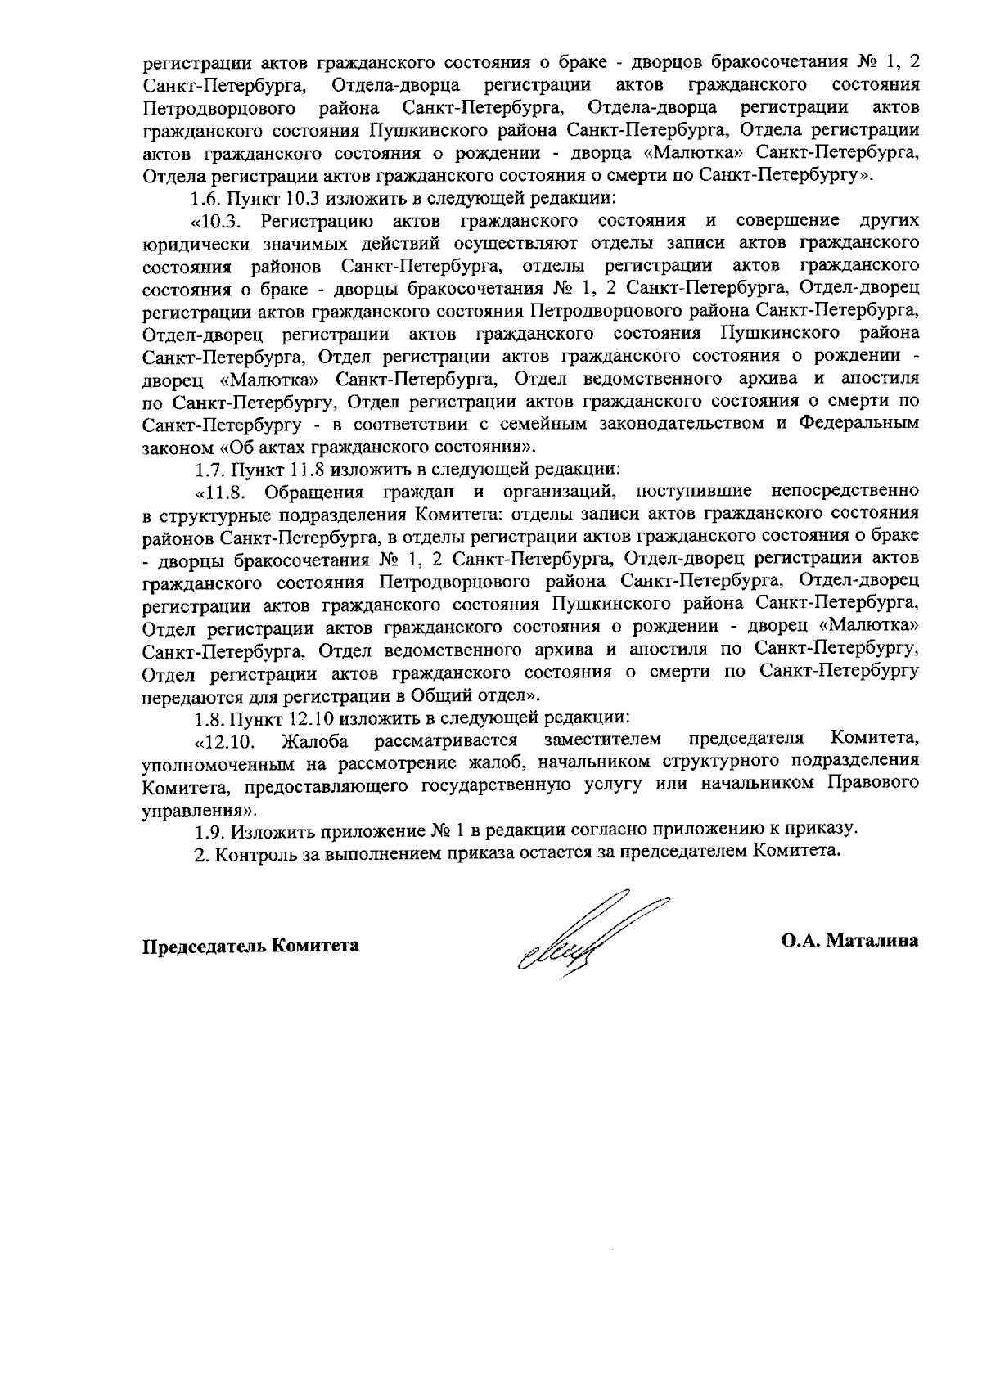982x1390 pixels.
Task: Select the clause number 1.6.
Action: coord(206,199)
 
